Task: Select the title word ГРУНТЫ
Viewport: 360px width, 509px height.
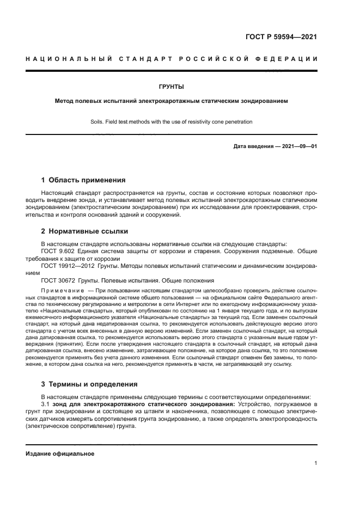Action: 171,87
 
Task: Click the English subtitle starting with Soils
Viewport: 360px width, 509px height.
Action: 171,122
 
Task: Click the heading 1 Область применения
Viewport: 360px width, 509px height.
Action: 83,180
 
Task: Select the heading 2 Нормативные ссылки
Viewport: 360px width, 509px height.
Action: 77,230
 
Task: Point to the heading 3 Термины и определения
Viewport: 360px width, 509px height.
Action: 86,384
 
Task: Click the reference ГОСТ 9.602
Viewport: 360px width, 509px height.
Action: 58,252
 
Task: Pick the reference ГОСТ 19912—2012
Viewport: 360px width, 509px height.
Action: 66,266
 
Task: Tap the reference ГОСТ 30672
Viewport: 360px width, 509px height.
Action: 58,280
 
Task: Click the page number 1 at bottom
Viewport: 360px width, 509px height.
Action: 315,464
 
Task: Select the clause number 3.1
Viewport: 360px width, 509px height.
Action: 46,405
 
